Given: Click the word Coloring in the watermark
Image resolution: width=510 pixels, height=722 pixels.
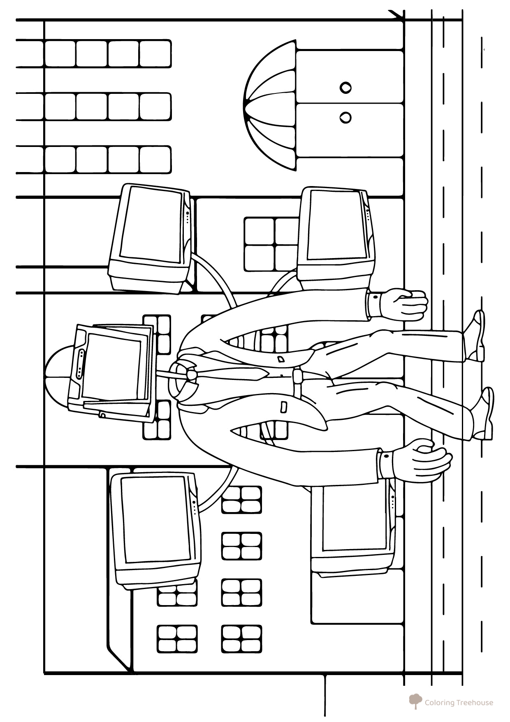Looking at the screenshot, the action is point(440,703).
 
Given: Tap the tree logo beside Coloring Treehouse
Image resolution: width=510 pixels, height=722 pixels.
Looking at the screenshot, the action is point(416,701).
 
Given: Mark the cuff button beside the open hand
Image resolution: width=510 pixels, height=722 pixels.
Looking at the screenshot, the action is point(386,456).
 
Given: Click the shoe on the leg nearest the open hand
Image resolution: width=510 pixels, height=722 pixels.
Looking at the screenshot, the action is point(483,414).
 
